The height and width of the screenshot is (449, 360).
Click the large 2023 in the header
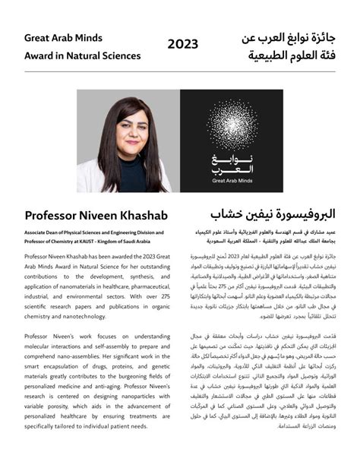tap(182, 45)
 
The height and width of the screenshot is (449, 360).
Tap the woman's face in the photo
tap(123, 130)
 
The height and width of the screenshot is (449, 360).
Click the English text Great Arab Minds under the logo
tap(232, 182)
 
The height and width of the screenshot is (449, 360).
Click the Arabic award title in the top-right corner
tap(289, 45)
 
